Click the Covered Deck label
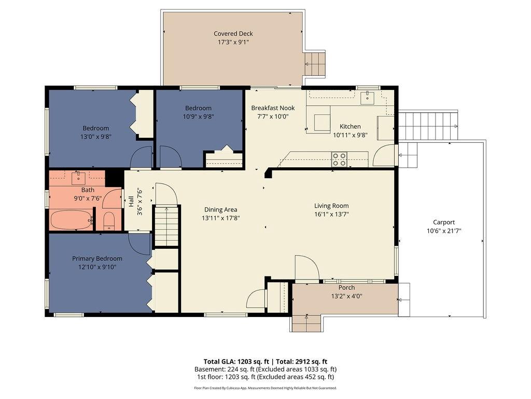coord(233,34)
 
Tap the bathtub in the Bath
coord(72,219)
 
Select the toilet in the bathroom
coord(109,221)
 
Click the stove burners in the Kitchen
coord(339,159)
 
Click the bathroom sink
coord(79,178)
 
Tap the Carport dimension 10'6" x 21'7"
coord(444,231)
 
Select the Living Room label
coord(331,206)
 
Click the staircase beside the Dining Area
coord(166,225)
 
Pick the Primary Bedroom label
coord(97,259)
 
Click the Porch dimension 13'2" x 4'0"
coord(346,296)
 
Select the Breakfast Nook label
coord(273,108)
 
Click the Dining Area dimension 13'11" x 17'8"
coord(220,218)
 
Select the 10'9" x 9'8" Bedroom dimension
coord(198,116)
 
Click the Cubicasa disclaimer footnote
coord(265,388)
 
